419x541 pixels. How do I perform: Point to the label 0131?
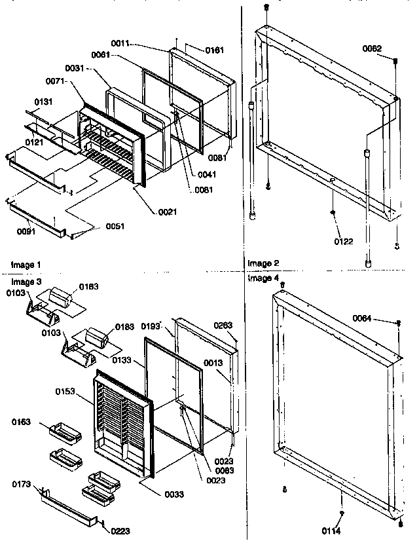[45, 102]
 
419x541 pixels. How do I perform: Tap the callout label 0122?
[343, 242]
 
